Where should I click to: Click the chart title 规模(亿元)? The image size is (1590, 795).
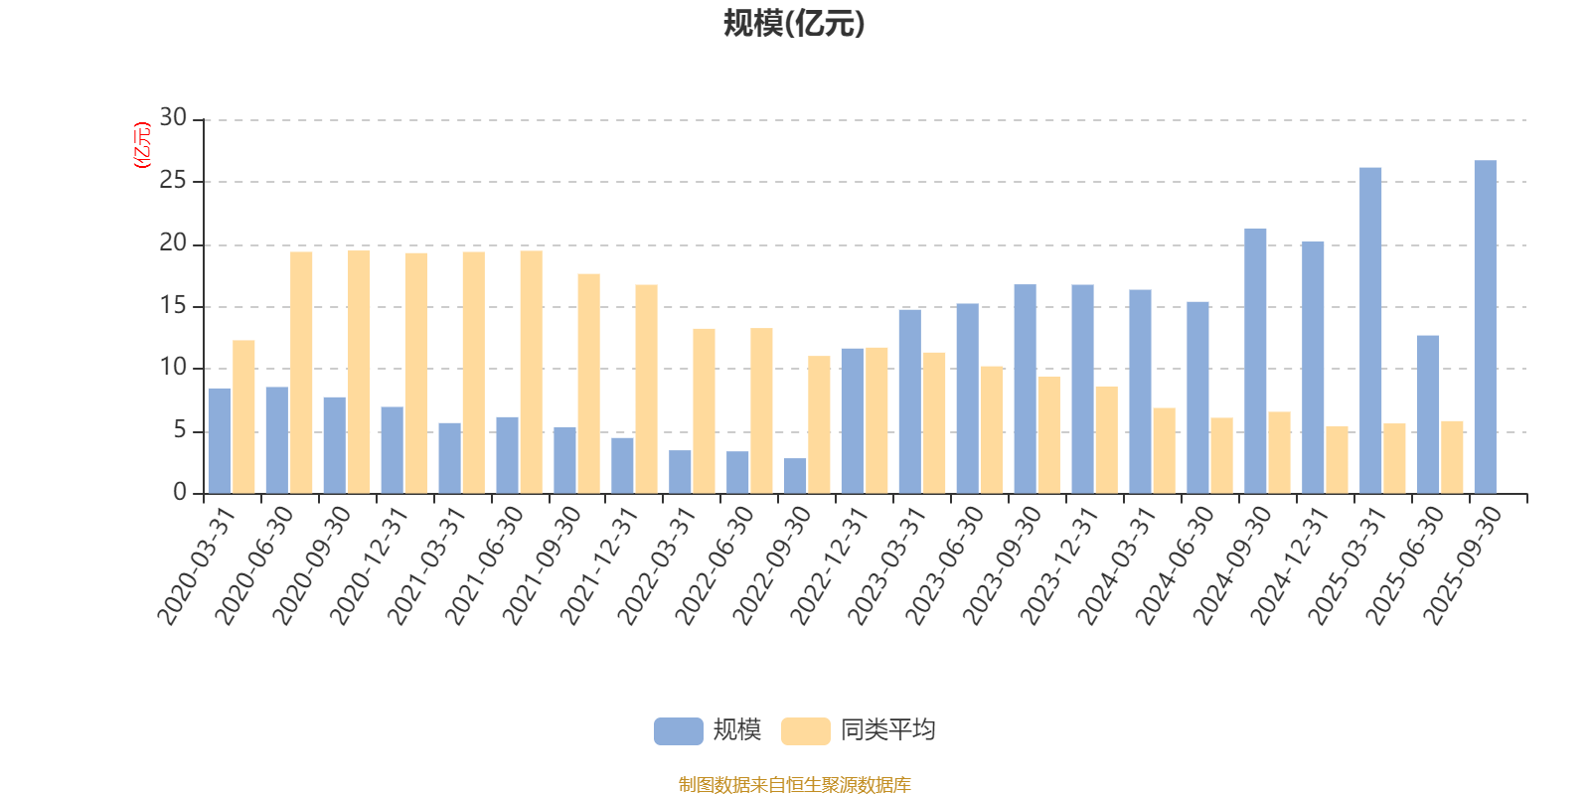793,23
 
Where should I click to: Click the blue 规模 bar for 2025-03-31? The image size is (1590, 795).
1370,330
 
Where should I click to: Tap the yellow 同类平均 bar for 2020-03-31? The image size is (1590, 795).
243,416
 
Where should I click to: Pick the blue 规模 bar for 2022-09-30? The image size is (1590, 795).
795,476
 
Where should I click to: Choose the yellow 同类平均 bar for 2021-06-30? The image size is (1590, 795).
531,372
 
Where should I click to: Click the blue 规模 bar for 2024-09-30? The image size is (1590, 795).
1255,361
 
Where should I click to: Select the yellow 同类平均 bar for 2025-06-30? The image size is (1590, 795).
1452,457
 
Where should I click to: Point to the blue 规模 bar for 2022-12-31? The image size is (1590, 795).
852,420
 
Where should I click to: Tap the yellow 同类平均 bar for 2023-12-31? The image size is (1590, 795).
1106,439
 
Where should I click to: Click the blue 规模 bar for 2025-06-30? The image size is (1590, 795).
1427,414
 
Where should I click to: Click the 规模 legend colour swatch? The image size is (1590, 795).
678,730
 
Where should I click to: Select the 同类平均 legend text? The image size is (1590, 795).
887,730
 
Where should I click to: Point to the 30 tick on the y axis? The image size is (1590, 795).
173,118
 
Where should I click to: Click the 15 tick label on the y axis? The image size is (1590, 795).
173,306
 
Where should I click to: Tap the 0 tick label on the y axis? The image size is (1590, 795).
180,493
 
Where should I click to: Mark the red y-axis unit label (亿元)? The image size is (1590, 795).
142,145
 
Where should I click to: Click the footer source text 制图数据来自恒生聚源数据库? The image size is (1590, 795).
794,785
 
